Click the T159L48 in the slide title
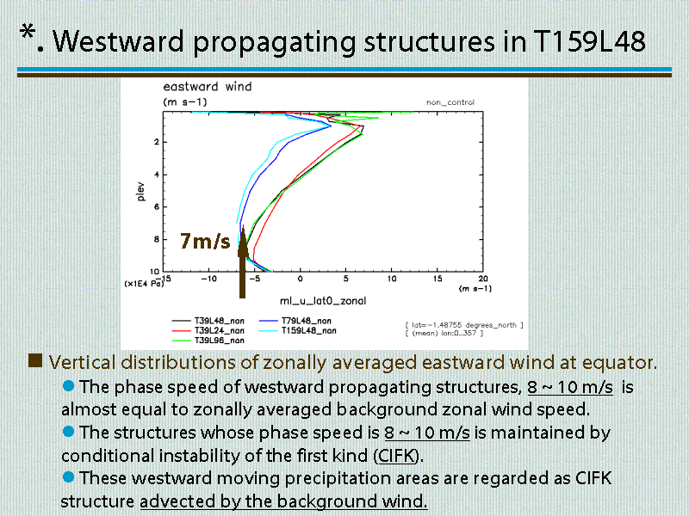[589, 41]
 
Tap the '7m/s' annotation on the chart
[205, 241]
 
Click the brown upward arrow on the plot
[243, 262]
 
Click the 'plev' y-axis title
[140, 191]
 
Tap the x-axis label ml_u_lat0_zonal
[323, 301]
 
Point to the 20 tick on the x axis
[483, 279]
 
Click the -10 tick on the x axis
[208, 279]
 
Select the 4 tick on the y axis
[157, 175]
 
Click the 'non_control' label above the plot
[450, 102]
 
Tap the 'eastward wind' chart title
[208, 87]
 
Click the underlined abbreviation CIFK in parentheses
[397, 456]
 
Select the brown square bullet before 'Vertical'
[35, 360]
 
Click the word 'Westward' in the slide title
[118, 41]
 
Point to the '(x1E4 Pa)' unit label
[144, 284]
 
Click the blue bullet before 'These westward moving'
[69, 477]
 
